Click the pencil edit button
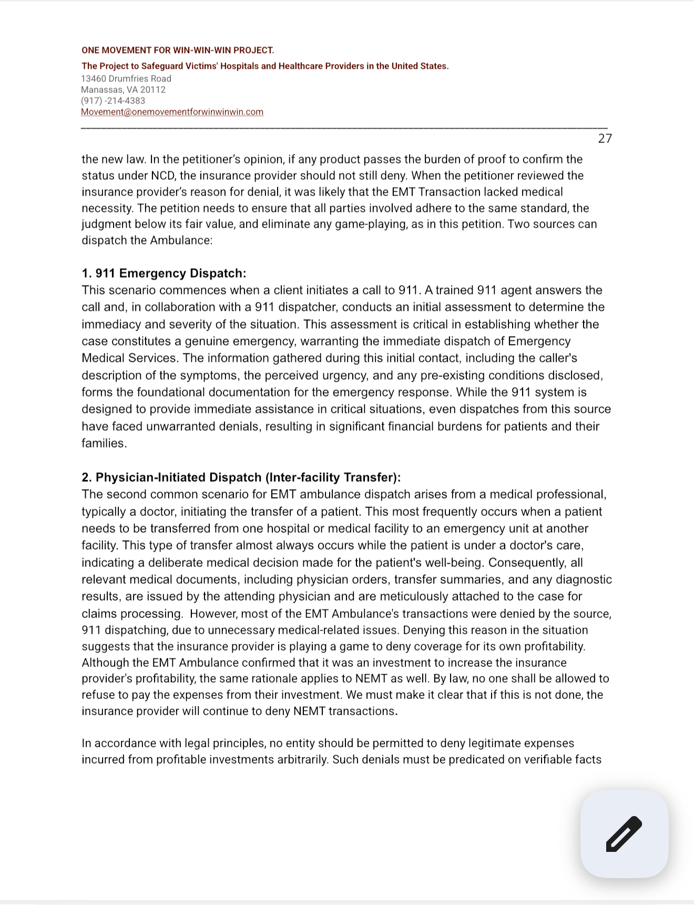click(624, 833)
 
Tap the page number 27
click(605, 138)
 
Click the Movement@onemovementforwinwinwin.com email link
click(172, 112)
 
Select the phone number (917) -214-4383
click(113, 101)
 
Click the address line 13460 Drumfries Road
click(126, 79)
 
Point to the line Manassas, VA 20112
click(123, 90)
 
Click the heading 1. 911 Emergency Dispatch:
click(164, 273)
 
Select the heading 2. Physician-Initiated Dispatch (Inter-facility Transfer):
click(241, 477)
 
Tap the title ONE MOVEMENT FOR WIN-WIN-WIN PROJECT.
click(178, 50)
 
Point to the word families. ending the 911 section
click(104, 443)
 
